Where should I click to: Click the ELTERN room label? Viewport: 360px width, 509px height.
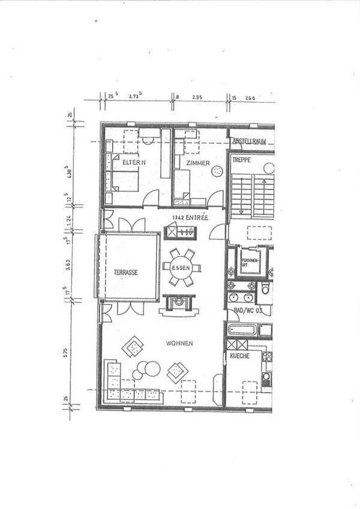click(x=134, y=163)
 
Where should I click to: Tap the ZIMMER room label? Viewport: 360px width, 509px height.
click(x=197, y=163)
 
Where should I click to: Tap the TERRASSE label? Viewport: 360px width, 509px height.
click(x=126, y=272)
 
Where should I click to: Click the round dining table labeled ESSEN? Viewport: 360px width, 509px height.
click(x=181, y=268)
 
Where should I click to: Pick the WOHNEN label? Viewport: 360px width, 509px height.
click(x=180, y=344)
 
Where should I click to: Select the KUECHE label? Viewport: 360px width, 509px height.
click(x=240, y=356)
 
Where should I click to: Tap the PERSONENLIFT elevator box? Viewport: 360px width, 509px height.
click(x=250, y=261)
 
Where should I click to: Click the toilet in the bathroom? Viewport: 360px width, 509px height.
click(x=265, y=290)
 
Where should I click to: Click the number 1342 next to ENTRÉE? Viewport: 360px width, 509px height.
click(x=178, y=217)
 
